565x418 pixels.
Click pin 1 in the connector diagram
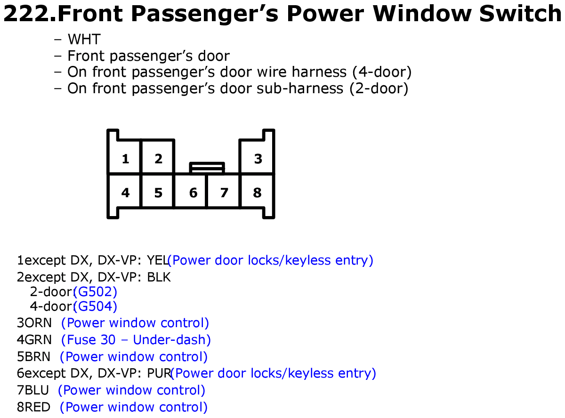click(124, 157)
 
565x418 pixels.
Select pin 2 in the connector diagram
click(157, 157)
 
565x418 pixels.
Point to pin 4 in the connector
click(124, 191)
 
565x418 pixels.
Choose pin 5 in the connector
click(157, 191)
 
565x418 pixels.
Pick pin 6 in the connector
click(190, 191)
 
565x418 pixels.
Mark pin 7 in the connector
click(223, 191)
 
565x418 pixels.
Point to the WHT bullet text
click(84, 39)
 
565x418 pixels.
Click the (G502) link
click(95, 292)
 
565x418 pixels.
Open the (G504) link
click(95, 306)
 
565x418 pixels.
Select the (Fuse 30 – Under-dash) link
click(136, 339)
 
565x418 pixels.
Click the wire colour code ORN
click(38, 323)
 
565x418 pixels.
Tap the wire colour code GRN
click(38, 339)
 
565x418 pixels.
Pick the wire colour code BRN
click(37, 356)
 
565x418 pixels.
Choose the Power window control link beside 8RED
click(133, 407)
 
